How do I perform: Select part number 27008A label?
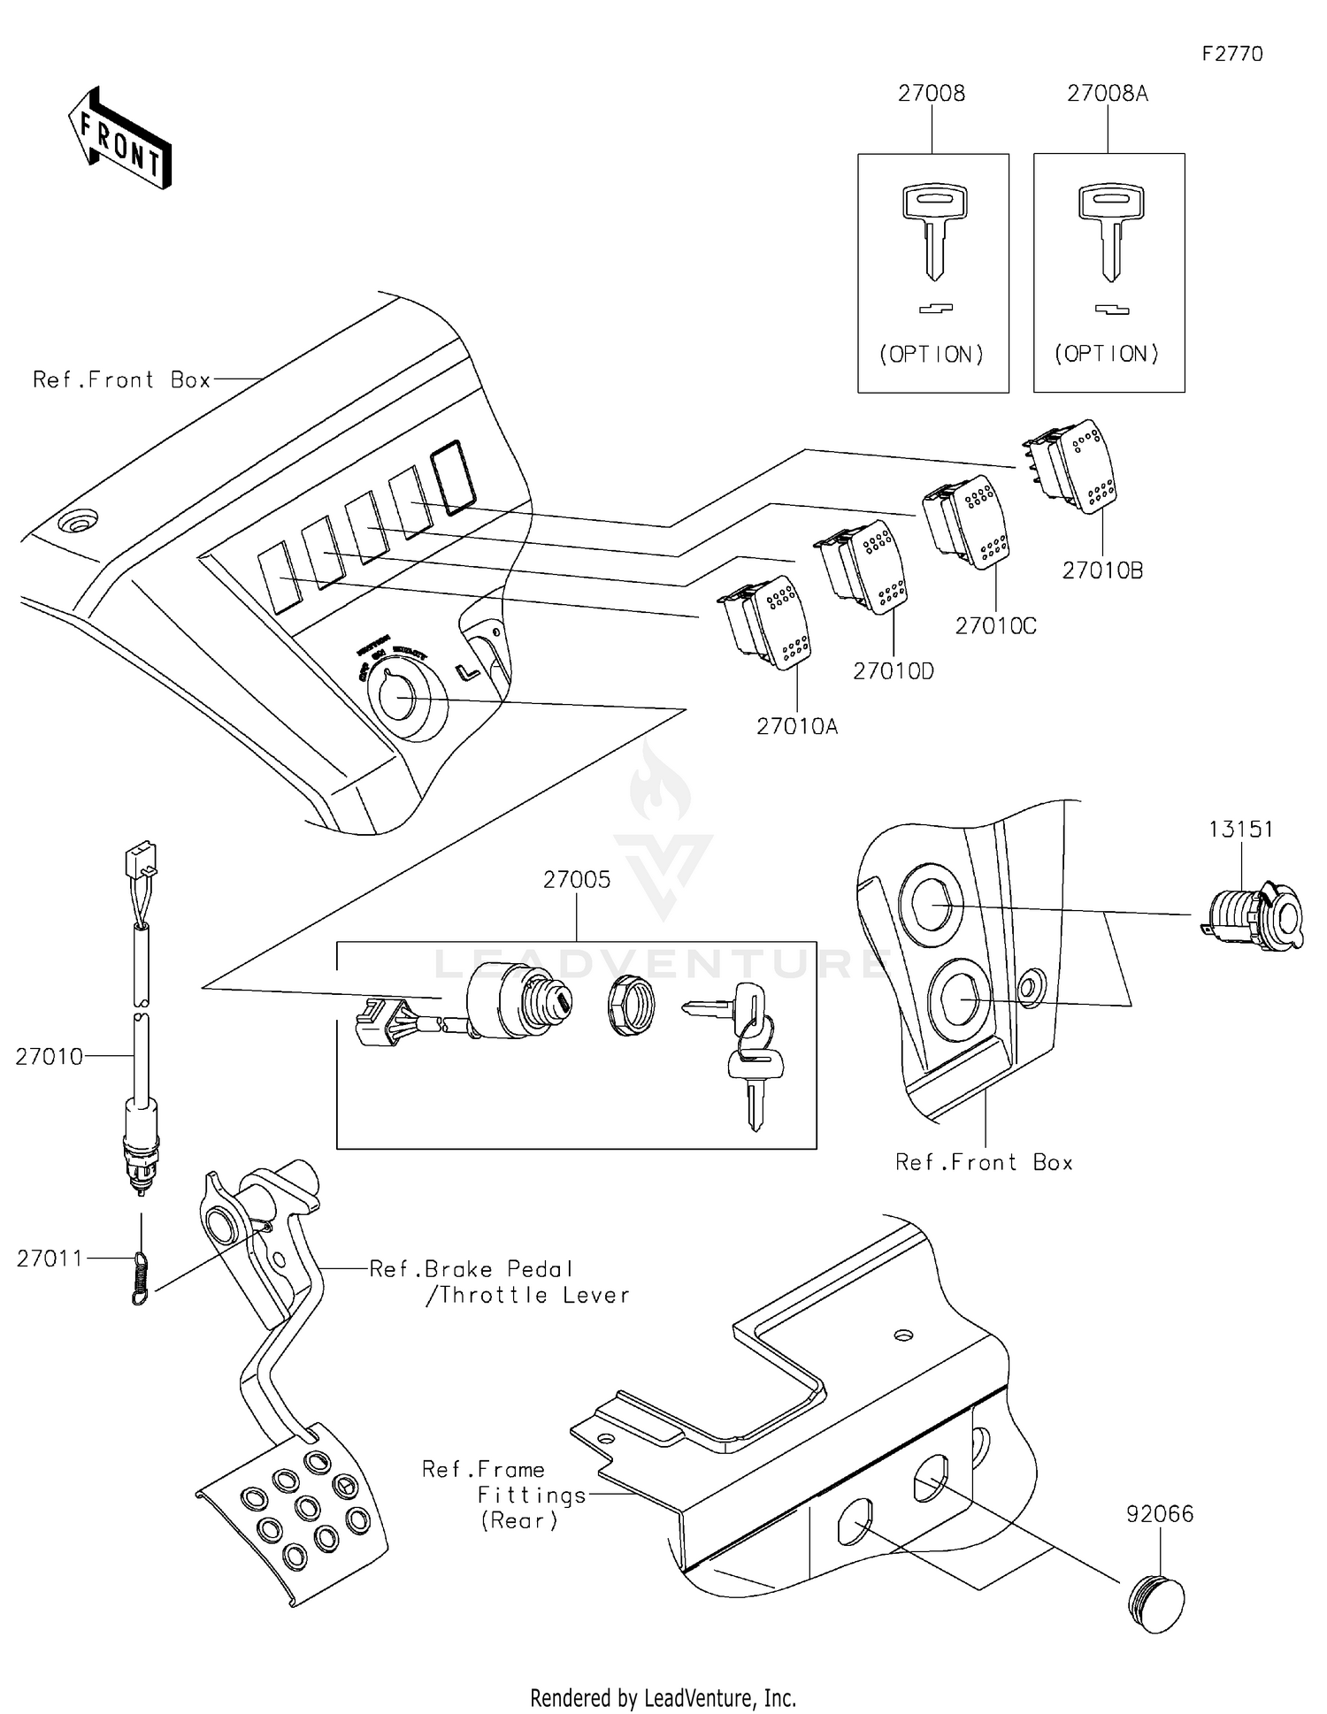(x=1107, y=94)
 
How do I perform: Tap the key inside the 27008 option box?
(x=934, y=230)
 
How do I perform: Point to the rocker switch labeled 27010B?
(x=1072, y=465)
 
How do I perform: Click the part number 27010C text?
(x=995, y=626)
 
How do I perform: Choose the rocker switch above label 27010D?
(x=863, y=566)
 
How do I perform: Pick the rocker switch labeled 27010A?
(x=766, y=623)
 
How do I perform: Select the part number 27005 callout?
(x=577, y=880)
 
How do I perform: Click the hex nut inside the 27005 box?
(x=631, y=1006)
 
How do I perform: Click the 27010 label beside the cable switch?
(x=49, y=1057)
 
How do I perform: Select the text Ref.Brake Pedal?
(x=472, y=1269)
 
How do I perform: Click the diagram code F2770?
(x=1231, y=54)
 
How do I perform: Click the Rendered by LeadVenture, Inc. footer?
(x=663, y=1697)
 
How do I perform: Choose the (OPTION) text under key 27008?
(x=932, y=355)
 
